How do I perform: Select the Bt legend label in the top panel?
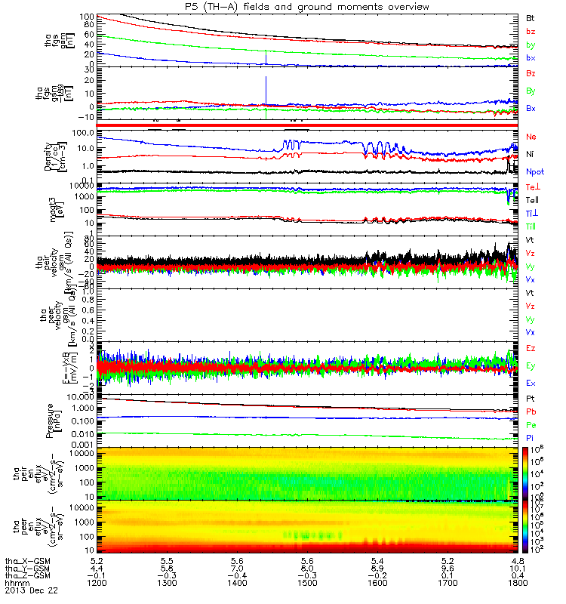[531, 17]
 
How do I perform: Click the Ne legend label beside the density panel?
[531, 137]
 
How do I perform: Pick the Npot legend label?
[533, 171]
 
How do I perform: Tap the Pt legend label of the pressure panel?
[531, 397]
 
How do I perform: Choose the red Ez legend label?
[531, 348]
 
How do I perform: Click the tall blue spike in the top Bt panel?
[266, 57]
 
